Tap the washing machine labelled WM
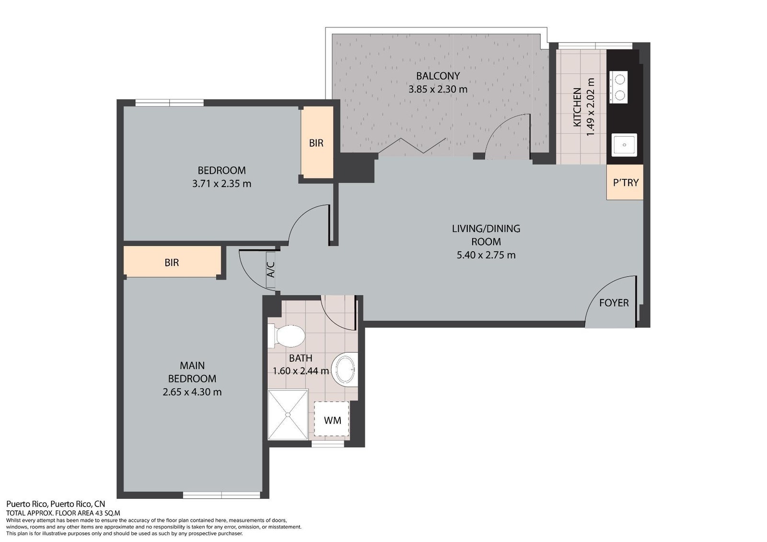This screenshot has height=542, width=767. coord(331,419)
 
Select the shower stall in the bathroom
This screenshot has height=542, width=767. coord(288,415)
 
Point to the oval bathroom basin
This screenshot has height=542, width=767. coord(345,370)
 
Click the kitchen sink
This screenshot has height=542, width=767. coord(624,145)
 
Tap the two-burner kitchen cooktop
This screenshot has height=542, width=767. coord(618,87)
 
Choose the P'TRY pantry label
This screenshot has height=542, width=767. coord(626,183)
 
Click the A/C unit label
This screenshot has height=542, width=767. coord(270,269)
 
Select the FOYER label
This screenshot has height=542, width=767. coord(614,303)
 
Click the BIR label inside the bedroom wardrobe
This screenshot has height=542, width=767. coord(316,143)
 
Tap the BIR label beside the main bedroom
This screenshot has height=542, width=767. coord(172,263)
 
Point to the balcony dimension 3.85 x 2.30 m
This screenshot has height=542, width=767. coord(438,89)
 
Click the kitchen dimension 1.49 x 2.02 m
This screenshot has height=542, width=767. coord(591,107)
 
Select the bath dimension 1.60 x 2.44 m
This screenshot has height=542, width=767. coord(301,371)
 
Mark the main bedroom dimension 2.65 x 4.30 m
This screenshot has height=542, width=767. coord(192,392)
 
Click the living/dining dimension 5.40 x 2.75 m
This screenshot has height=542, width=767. coord(486,255)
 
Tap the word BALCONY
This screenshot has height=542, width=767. coord(438,76)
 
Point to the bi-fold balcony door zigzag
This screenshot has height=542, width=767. coord(412,146)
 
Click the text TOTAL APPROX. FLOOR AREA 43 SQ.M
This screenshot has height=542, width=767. coord(63,513)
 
